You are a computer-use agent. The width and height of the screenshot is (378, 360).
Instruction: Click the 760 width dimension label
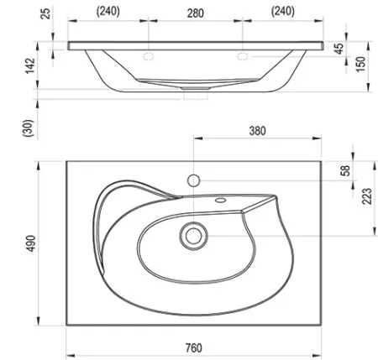[x=194, y=348]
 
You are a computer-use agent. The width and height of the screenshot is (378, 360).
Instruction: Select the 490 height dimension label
[x=31, y=243]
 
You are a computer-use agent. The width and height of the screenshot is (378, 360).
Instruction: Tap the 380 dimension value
[x=257, y=131]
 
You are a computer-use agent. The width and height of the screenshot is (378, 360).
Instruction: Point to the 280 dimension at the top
[x=196, y=13]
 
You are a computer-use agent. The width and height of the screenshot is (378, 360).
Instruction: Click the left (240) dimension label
[x=108, y=12]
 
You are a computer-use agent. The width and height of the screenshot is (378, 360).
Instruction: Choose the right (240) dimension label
[x=283, y=12]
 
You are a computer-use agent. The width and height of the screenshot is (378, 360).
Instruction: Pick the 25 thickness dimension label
[x=46, y=13]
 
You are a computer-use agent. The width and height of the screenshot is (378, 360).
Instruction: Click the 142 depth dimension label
[x=30, y=65]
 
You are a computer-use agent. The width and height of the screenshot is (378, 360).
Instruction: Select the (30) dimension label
[x=28, y=128]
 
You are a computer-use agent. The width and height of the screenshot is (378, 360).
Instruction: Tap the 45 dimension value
[x=339, y=49]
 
